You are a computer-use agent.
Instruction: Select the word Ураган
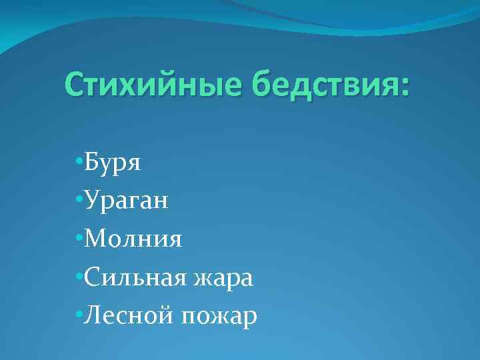coord(127,201)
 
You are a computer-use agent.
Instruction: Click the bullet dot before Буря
coord(79,163)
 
